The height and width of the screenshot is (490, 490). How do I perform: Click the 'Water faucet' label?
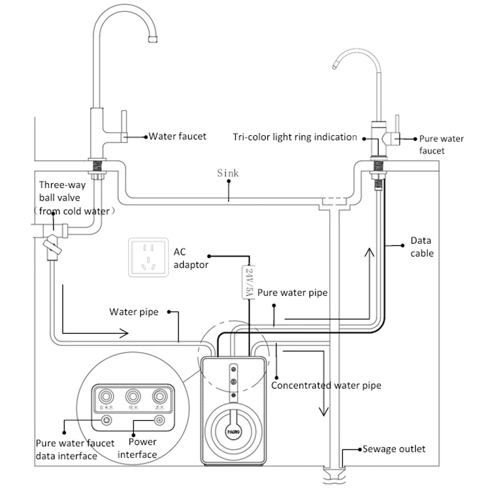178,137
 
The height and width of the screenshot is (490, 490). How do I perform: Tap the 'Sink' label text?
228,173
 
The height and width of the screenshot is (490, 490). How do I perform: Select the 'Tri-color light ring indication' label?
295,137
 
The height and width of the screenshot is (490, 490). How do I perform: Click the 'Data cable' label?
421,246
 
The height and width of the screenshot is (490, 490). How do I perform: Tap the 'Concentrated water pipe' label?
326,385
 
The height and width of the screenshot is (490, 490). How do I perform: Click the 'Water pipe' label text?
133,312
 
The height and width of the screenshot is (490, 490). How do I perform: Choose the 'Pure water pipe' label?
292,293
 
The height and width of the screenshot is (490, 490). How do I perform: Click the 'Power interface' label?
137,449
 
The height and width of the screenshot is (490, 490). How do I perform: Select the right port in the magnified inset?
159,396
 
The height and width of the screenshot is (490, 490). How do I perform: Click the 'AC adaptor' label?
191,259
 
